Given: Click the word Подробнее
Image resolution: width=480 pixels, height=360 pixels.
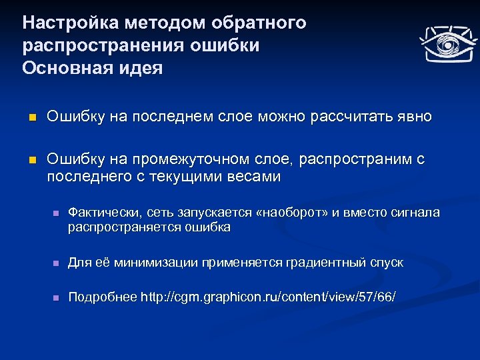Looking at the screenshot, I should coord(103,297).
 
